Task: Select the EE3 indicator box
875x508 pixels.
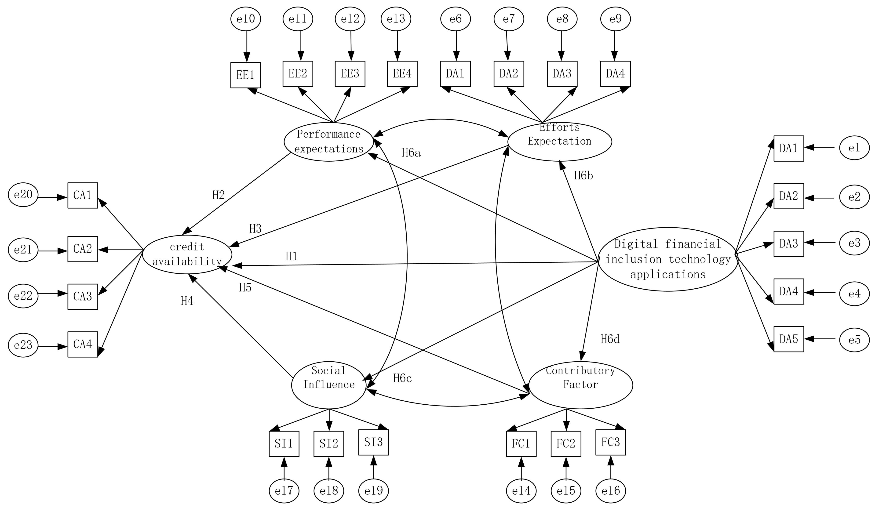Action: tap(350, 74)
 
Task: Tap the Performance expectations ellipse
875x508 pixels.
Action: tap(328, 142)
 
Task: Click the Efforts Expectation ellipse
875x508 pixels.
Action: tap(559, 142)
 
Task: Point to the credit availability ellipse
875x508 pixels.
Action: tap(187, 254)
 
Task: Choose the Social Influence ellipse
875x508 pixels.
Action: tap(328, 385)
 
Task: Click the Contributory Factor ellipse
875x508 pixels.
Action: tap(580, 385)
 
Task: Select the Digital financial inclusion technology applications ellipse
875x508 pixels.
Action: tap(667, 259)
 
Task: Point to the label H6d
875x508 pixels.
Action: tap(610, 339)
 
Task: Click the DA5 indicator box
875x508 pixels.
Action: tap(788, 339)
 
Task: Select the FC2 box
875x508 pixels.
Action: tap(566, 444)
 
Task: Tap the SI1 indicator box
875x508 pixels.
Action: tap(284, 444)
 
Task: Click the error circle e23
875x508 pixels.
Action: tap(23, 345)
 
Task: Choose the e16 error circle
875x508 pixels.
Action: tap(610, 491)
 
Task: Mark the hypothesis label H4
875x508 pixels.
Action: tap(187, 301)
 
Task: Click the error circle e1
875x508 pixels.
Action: tap(854, 148)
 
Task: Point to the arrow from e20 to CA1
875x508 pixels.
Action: tap(52, 198)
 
